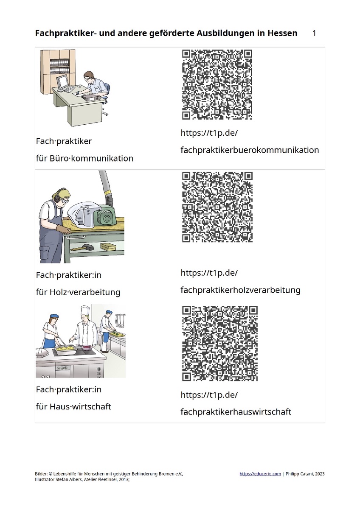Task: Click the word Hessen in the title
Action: click(x=282, y=34)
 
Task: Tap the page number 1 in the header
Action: click(x=314, y=34)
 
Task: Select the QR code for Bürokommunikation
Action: click(x=217, y=84)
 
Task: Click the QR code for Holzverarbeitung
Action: click(x=217, y=207)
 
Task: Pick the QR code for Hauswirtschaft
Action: click(x=219, y=343)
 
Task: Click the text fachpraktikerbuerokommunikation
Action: click(x=250, y=150)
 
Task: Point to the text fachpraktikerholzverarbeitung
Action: click(x=240, y=290)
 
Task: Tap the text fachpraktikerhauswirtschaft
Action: click(x=236, y=412)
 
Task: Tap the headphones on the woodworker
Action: click(x=56, y=197)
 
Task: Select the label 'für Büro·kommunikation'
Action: click(x=84, y=158)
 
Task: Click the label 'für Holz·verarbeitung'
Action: click(x=78, y=292)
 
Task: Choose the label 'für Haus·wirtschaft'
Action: click(x=73, y=406)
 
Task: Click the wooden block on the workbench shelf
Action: click(x=107, y=246)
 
